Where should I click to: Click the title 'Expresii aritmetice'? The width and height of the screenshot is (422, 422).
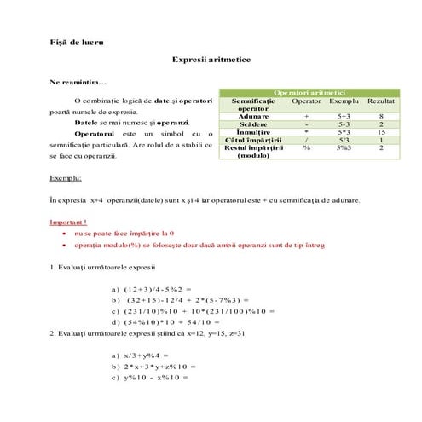point(211,61)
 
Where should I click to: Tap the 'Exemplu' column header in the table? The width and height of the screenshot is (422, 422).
point(344,101)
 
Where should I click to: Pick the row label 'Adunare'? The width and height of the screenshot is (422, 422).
point(253,116)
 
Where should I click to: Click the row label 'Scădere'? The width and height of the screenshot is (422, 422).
point(253,124)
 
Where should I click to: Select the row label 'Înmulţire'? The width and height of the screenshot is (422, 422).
point(253,132)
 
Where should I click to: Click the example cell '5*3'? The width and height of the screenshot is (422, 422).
point(344,132)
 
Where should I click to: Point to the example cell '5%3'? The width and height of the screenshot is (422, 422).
point(344,148)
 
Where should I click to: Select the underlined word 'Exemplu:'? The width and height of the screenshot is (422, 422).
point(66,179)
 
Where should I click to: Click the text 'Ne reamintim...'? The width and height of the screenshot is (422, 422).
point(78,82)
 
